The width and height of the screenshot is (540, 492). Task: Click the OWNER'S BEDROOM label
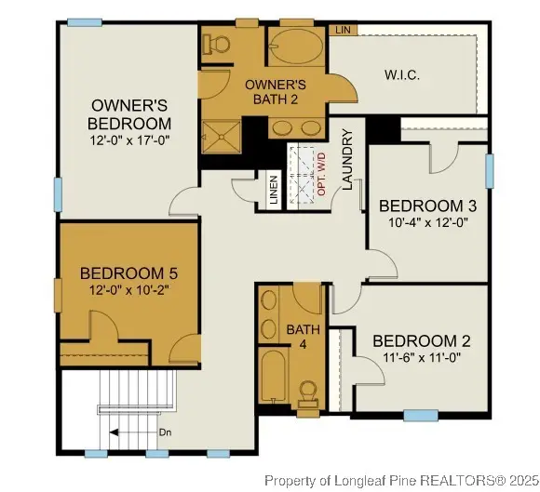pyautogui.click(x=130, y=114)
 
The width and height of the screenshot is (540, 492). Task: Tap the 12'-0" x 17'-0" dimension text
pyautogui.click(x=130, y=140)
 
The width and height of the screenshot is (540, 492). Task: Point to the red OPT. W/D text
pyautogui.click(x=321, y=173)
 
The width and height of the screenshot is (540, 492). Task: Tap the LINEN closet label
pyautogui.click(x=273, y=191)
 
